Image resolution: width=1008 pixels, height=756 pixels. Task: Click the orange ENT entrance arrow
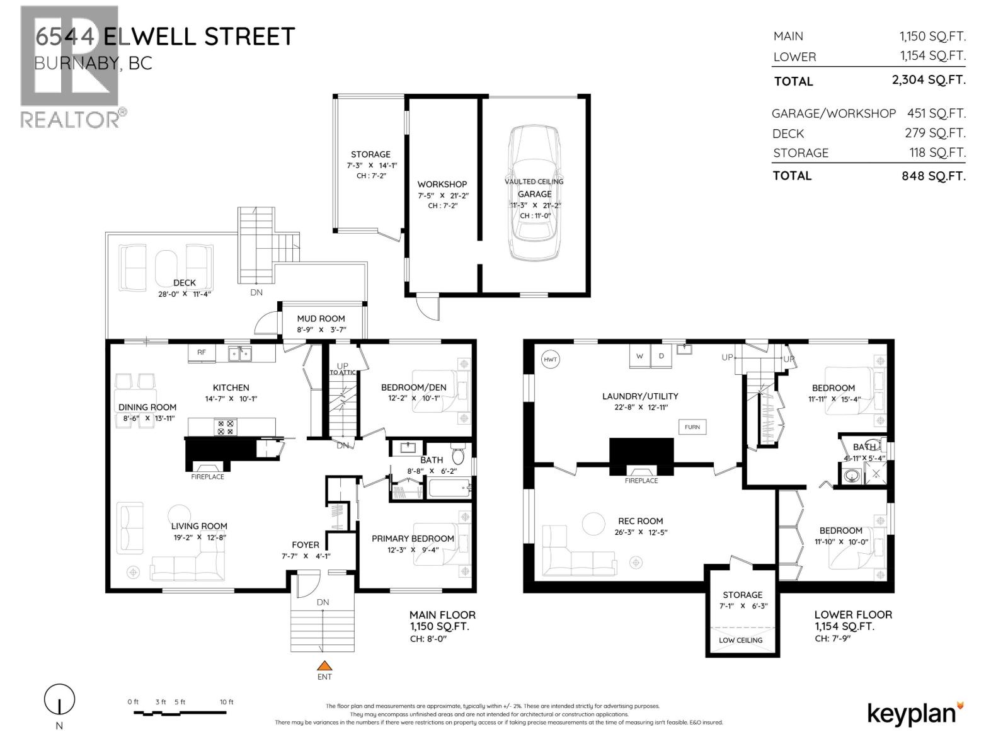point(324,665)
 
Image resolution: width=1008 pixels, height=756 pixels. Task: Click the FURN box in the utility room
point(692,427)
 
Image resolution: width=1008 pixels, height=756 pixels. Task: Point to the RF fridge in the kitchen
point(202,353)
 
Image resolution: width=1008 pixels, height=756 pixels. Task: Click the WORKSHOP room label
point(442,184)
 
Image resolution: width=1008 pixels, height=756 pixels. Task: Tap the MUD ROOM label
point(321,319)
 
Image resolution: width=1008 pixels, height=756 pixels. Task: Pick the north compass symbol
point(59,700)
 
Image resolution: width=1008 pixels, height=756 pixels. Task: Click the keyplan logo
point(915,713)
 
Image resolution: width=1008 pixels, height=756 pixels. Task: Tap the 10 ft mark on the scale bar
point(226,702)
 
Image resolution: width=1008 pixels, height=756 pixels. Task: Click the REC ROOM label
point(640,521)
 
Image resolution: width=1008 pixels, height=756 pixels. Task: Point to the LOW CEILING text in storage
point(741,640)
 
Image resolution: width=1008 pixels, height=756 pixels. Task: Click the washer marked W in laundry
point(639,356)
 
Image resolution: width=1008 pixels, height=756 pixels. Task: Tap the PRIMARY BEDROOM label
point(413,539)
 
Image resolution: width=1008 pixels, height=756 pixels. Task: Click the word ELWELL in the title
point(149,36)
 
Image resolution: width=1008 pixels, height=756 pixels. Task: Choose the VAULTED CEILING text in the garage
point(534,181)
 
